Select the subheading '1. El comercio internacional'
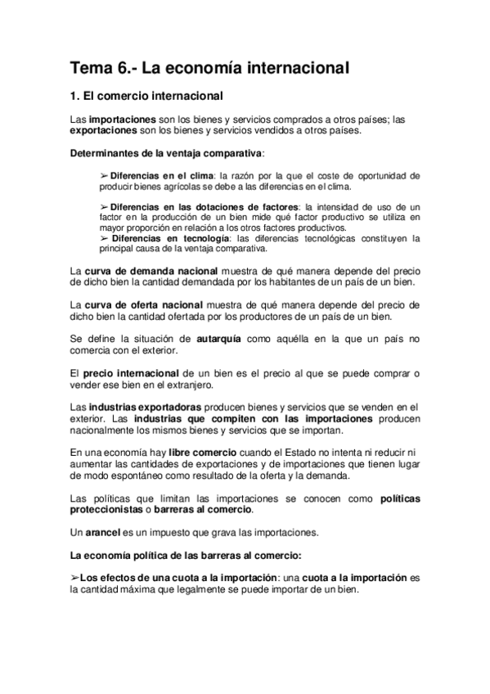coord(147,97)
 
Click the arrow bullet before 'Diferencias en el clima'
coord(104,175)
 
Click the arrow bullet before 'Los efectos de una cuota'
coord(75,578)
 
